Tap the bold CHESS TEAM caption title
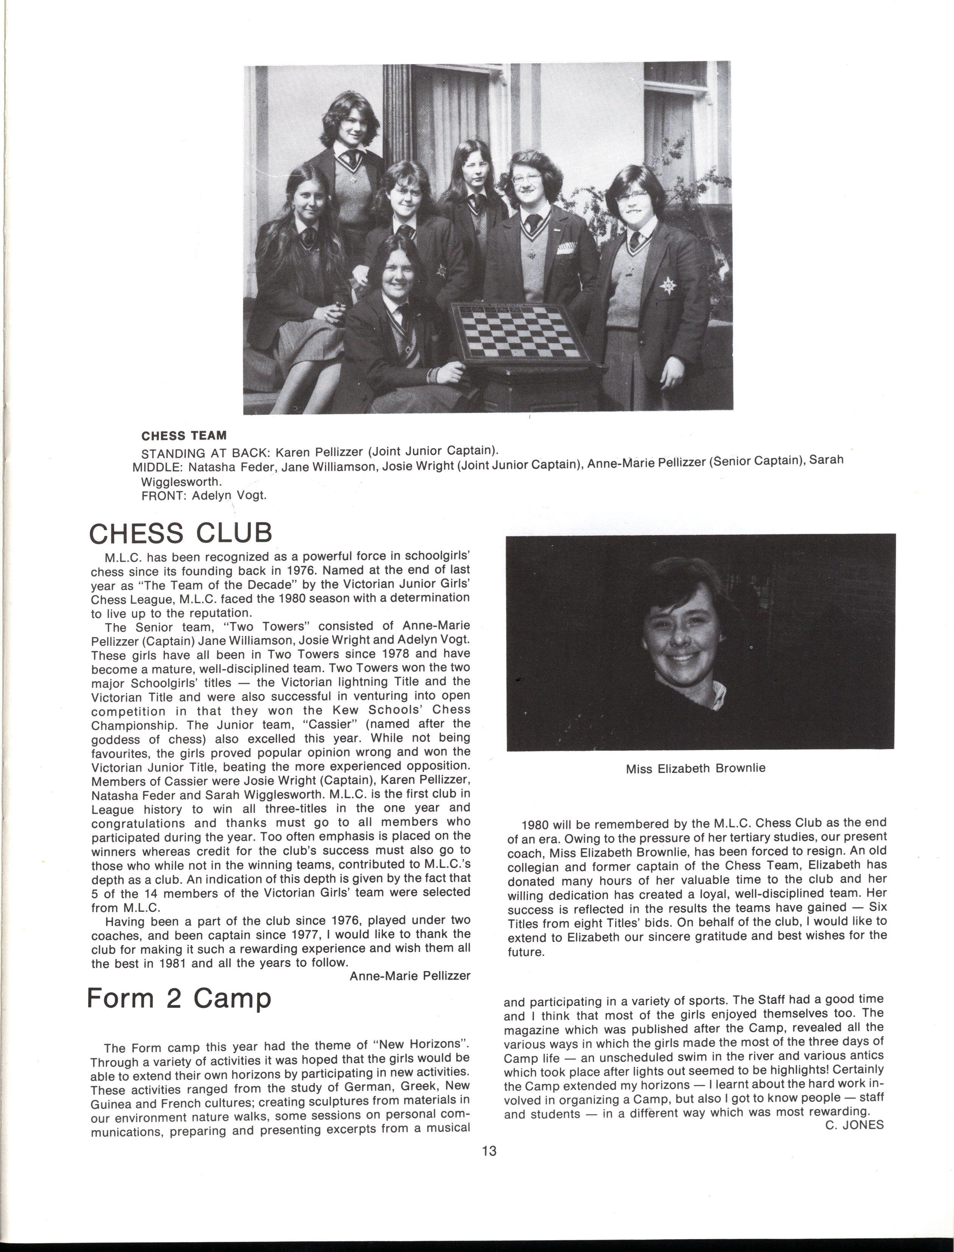(x=184, y=436)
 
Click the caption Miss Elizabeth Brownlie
(x=696, y=769)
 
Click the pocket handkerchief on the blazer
(x=570, y=248)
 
